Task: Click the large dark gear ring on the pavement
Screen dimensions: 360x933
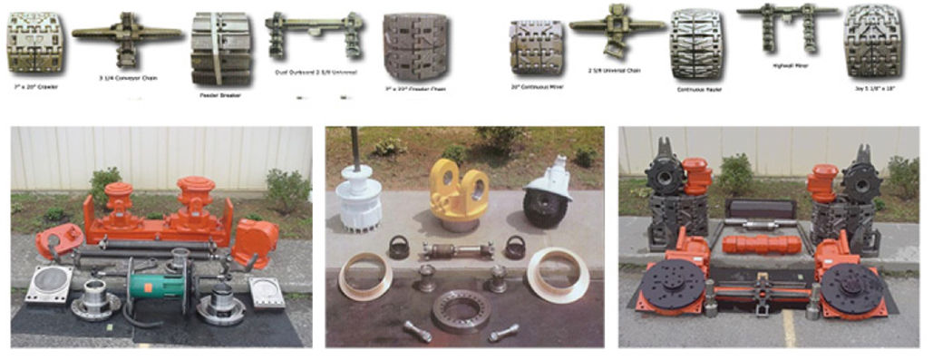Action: pos(461,309)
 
